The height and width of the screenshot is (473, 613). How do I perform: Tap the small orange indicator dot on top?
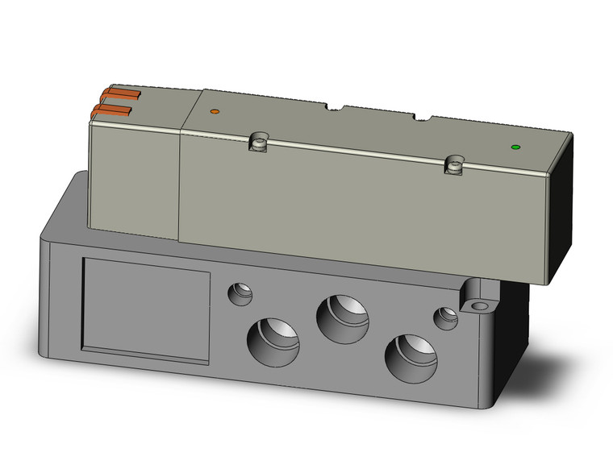(x=214, y=110)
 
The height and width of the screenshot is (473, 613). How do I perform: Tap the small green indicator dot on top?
(x=515, y=147)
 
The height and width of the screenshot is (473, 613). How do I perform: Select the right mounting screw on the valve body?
(x=454, y=165)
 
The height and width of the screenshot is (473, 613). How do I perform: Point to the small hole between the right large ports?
(x=444, y=317)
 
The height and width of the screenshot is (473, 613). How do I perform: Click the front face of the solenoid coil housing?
(x=133, y=177)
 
